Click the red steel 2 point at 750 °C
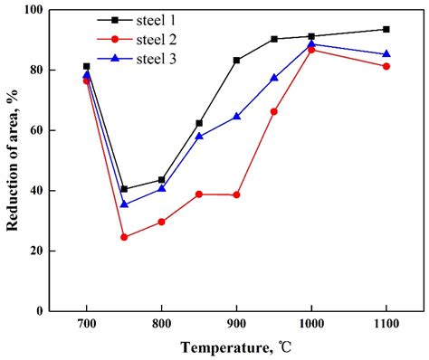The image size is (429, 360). (x=124, y=237)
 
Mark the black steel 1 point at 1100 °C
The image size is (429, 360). (x=386, y=29)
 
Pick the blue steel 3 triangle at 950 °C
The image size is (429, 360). (x=274, y=78)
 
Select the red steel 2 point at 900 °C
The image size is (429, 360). (x=236, y=194)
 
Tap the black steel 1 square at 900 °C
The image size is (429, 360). (x=236, y=61)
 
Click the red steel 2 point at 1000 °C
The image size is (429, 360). (x=311, y=50)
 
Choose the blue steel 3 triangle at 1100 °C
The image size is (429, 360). (x=386, y=54)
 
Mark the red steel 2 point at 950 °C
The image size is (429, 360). (x=274, y=111)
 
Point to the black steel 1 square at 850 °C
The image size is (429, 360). (x=199, y=123)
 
